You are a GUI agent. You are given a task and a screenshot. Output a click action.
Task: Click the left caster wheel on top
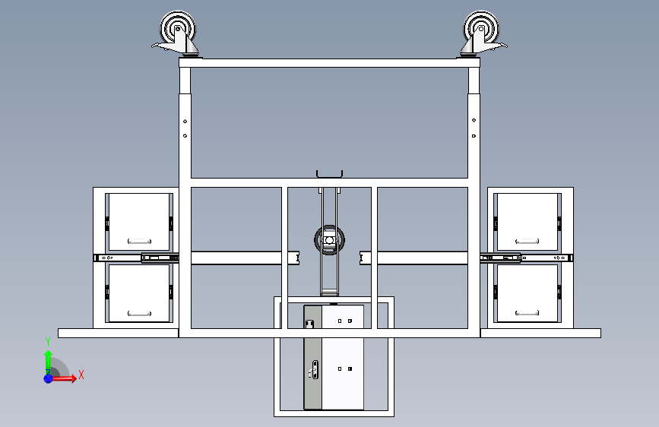[x=178, y=29]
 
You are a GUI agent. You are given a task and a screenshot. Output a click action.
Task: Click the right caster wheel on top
[x=481, y=29]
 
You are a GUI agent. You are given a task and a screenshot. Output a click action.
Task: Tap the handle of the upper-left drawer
[x=139, y=242]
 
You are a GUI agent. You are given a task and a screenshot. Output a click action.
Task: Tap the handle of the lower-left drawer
[x=139, y=314]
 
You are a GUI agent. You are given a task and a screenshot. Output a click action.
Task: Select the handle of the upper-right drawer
[x=527, y=242]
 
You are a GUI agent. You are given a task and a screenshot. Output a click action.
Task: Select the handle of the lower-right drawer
[x=527, y=313]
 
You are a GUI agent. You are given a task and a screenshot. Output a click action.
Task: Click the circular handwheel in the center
[x=330, y=240]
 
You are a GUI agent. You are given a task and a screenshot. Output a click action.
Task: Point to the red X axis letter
[x=81, y=375]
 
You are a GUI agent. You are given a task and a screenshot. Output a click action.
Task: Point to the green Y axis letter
[x=47, y=342]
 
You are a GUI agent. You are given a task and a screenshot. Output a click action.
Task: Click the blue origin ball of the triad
[x=49, y=378]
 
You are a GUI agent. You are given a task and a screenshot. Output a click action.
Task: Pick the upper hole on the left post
[x=185, y=122]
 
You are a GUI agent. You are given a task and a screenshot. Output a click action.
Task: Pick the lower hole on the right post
[x=474, y=136]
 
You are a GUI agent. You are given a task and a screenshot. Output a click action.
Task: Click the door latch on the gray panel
[x=313, y=370]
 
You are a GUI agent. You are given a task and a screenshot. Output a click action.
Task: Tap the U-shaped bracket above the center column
[x=330, y=174]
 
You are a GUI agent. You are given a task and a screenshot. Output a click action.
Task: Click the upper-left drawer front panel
[x=139, y=222]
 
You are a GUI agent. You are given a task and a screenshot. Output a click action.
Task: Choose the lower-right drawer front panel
[x=528, y=293]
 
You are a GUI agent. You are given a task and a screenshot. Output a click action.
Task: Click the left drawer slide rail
[x=136, y=258]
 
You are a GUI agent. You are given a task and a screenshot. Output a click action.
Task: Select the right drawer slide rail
[x=526, y=258]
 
